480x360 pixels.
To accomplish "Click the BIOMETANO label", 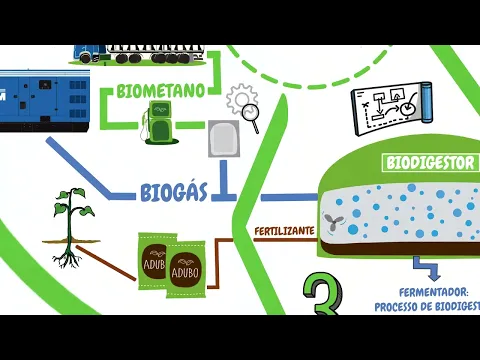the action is point(161,90).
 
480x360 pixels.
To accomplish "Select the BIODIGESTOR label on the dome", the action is point(431,162).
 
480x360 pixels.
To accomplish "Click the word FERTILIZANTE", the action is point(285,230).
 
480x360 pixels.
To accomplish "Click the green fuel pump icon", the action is point(158,120).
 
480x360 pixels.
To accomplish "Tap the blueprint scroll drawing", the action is point(390,108).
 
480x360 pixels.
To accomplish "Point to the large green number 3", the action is point(326,294).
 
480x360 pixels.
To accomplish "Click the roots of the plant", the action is point(67,255).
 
